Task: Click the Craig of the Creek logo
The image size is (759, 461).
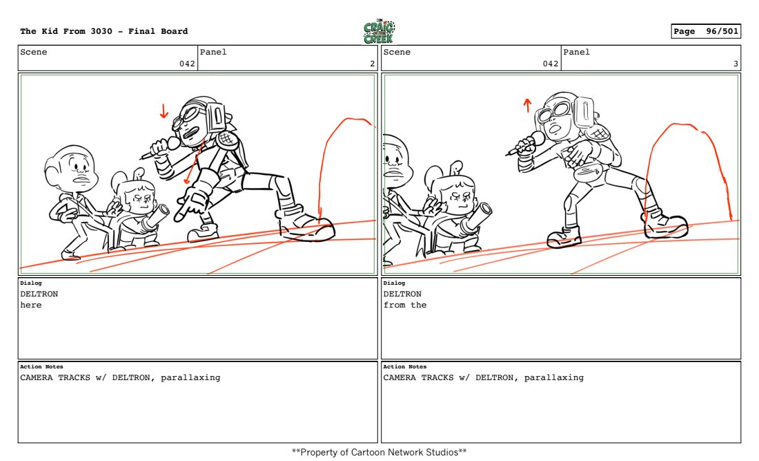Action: (379, 32)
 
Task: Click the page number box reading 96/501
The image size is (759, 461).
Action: (706, 32)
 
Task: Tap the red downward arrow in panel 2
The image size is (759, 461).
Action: (164, 111)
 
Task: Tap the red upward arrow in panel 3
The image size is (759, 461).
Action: (527, 105)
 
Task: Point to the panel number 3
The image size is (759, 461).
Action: (736, 64)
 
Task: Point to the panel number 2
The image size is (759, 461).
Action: (372, 64)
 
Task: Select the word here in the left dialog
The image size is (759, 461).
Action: (31, 305)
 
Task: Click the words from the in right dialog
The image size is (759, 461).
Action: (405, 305)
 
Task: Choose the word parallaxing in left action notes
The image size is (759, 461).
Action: (190, 377)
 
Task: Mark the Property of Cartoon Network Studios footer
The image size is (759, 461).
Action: (379, 452)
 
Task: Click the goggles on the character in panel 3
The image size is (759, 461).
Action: (555, 113)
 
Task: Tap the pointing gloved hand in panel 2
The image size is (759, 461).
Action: (190, 205)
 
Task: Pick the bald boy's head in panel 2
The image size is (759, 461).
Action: (72, 167)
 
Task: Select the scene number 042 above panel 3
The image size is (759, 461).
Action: (551, 64)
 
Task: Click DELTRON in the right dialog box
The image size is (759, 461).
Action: (402, 294)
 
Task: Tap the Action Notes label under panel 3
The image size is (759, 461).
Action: (404, 366)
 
